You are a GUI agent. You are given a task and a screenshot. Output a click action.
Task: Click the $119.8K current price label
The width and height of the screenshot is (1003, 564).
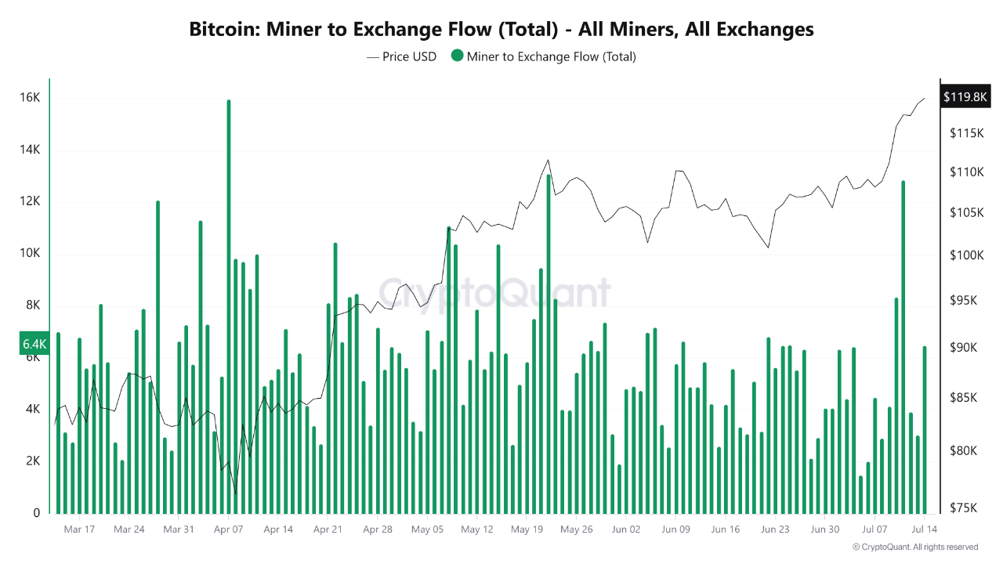(965, 97)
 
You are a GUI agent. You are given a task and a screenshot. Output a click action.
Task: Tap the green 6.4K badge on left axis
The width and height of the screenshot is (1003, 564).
(34, 344)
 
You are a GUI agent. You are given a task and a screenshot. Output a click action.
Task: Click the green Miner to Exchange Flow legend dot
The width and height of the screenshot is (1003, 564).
(457, 56)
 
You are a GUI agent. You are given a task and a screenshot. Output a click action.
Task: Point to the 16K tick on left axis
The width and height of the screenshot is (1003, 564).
(30, 98)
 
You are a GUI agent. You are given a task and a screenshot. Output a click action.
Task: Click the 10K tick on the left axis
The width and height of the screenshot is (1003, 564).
(30, 253)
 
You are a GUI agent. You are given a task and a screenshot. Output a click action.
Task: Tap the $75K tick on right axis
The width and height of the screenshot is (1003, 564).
(963, 508)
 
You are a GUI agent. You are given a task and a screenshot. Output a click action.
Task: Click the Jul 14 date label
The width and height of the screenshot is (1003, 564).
(924, 530)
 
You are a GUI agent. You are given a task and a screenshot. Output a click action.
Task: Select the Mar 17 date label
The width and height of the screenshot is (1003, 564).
(79, 530)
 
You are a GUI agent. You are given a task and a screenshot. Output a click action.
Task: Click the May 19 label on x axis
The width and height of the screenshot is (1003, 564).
(527, 530)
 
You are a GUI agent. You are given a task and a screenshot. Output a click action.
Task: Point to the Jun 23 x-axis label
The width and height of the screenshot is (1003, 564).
(775, 530)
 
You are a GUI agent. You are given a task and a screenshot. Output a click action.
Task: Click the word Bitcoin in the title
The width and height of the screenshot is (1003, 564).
(223, 30)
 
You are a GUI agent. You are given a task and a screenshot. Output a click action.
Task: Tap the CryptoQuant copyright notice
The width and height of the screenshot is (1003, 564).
(914, 547)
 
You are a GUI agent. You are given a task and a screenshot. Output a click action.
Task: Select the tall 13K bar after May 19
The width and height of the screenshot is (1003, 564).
(549, 345)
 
